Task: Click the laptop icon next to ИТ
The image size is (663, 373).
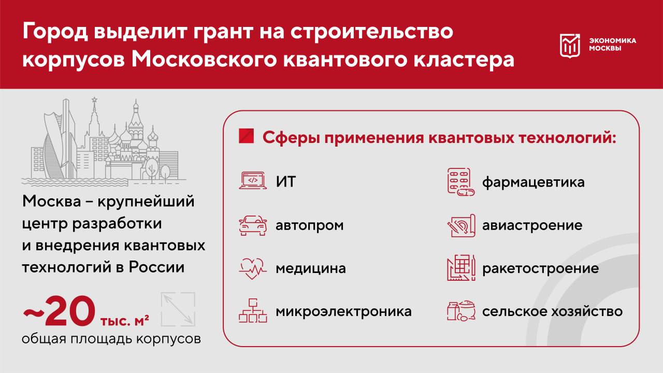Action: pyautogui.click(x=253, y=180)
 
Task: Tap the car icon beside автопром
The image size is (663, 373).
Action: pyautogui.click(x=253, y=225)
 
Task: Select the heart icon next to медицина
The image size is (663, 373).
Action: pyautogui.click(x=253, y=268)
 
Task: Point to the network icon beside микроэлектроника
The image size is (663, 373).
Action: pyautogui.click(x=253, y=310)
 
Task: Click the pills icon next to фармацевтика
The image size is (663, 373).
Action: pyautogui.click(x=461, y=182)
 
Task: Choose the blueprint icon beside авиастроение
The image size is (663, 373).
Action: pyautogui.click(x=461, y=225)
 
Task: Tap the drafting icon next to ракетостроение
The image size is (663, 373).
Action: pyautogui.click(x=461, y=268)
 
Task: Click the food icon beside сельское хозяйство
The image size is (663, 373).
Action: pyautogui.click(x=461, y=310)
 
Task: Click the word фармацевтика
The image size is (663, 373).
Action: pyautogui.click(x=534, y=182)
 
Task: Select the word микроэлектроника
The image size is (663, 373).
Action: pyautogui.click(x=343, y=311)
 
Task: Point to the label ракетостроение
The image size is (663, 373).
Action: pyautogui.click(x=540, y=268)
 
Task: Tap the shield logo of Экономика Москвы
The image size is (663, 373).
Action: pyautogui.click(x=569, y=45)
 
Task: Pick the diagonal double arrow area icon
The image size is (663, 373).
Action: pyautogui.click(x=178, y=309)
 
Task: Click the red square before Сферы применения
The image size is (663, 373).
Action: pyautogui.click(x=246, y=136)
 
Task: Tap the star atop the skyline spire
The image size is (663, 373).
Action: pyautogui.click(x=94, y=99)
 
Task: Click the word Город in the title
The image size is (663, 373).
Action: pyautogui.click(x=55, y=32)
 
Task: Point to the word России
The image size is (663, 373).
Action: pyautogui.click(x=156, y=267)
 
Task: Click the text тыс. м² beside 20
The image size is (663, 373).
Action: pyautogui.click(x=125, y=321)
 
